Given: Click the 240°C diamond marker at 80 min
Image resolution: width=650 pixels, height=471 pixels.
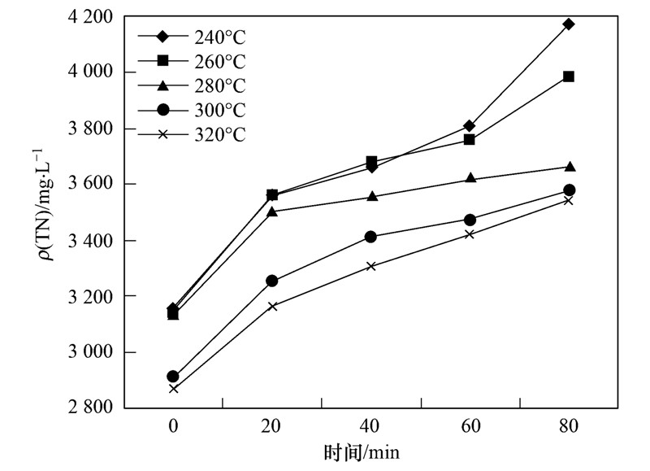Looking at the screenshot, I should [569, 24].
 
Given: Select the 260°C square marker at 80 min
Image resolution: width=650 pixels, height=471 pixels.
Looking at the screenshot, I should [569, 76].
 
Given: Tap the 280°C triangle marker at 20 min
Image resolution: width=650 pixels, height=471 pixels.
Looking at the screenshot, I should [272, 212].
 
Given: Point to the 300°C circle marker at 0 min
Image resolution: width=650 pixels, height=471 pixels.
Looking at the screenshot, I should [173, 377].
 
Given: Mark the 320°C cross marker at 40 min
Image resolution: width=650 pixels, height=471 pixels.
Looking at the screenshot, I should [371, 266].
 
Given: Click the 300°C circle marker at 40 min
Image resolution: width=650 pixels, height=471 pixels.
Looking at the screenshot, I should [371, 237].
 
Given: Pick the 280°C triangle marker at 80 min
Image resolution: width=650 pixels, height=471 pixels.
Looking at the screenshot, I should [569, 167].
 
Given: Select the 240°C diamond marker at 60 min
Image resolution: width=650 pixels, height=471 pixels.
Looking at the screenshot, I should [470, 125].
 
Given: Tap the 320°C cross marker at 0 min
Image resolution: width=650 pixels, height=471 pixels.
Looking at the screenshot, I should [173, 389].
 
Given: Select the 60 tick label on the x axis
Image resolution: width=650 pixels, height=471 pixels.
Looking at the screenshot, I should [470, 426].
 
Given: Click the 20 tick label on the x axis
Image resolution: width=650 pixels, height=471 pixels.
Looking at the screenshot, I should [272, 426].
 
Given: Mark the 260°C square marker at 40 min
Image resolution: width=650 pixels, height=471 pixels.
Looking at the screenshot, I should [371, 162].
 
